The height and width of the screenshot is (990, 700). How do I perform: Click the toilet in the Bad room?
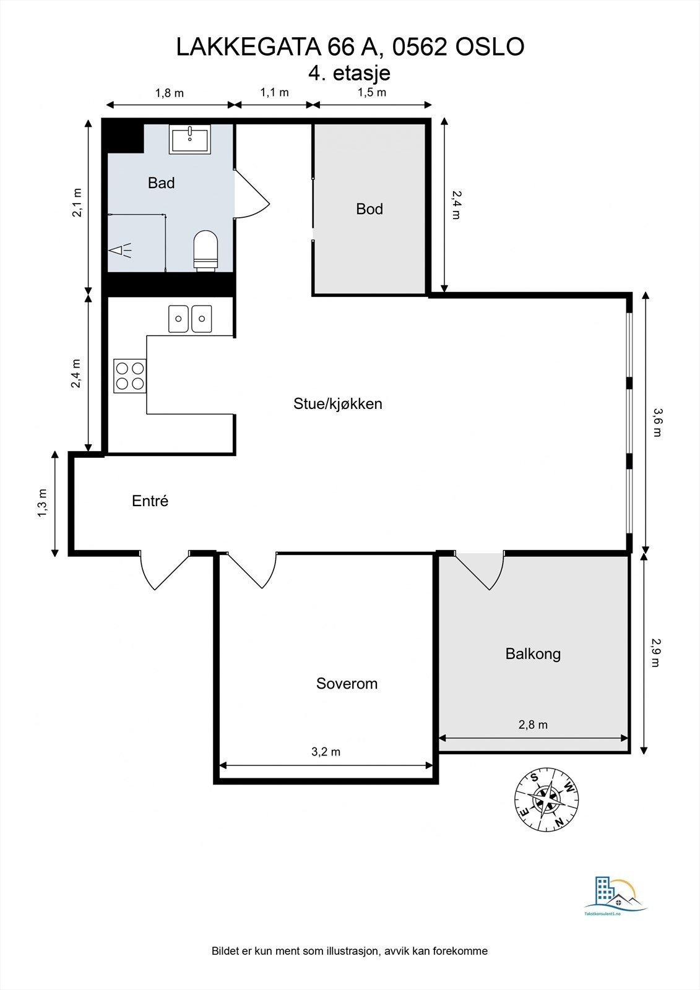[x=206, y=250]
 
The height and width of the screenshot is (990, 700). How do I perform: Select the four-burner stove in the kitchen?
[x=130, y=375]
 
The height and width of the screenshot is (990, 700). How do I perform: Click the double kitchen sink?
[x=190, y=319]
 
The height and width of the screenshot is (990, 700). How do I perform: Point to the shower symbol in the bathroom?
[x=120, y=250]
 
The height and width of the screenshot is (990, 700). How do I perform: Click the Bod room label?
[x=369, y=209]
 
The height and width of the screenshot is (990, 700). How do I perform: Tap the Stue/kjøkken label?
[x=338, y=404]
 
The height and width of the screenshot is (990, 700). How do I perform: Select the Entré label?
[x=150, y=501]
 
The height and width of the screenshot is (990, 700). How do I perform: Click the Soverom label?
[x=347, y=684]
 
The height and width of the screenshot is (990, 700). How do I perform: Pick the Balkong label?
[x=533, y=654]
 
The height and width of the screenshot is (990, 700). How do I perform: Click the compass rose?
[x=547, y=799]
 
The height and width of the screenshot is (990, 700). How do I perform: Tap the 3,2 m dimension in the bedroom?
[x=326, y=752]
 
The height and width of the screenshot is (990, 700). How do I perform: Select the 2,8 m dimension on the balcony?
[x=533, y=725]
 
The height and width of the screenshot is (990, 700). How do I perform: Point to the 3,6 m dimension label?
[x=657, y=423]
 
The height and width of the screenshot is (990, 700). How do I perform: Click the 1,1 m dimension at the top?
[x=274, y=93]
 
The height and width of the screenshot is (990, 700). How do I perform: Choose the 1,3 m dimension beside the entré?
[x=42, y=502]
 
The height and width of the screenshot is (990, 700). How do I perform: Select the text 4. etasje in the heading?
[x=349, y=73]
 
